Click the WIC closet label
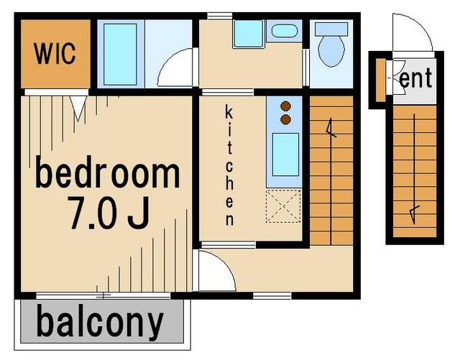(x=55, y=53)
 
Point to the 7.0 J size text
(x=109, y=213)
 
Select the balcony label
(x=100, y=323)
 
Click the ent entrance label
(x=415, y=78)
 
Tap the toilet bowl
(x=331, y=51)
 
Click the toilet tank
(x=331, y=29)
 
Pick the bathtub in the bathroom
(x=120, y=55)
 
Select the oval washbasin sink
(x=285, y=31)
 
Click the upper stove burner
(x=286, y=106)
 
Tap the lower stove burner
(x=286, y=119)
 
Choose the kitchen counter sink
(x=285, y=154)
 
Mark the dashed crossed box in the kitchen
(x=283, y=206)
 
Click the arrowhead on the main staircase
(x=331, y=128)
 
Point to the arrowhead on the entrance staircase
(x=414, y=214)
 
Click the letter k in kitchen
(x=229, y=113)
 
